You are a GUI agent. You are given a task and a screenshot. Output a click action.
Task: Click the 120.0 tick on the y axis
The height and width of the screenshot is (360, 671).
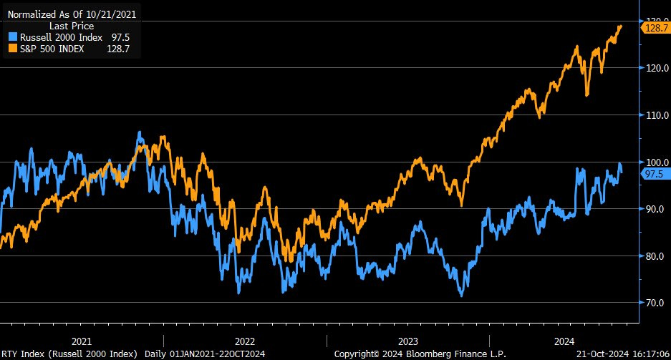(656, 68)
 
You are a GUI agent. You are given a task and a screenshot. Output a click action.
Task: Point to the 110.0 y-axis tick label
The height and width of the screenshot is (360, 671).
(656, 115)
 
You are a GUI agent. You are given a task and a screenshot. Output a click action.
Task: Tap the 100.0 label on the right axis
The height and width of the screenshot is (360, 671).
(656, 162)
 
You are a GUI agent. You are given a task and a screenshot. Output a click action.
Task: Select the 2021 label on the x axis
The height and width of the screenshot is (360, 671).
(82, 341)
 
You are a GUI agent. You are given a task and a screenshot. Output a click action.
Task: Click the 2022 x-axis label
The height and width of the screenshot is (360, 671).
(245, 341)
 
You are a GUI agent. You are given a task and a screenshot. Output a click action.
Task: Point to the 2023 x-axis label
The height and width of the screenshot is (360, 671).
(407, 341)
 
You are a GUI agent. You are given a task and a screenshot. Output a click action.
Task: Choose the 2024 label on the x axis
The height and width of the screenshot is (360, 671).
(571, 341)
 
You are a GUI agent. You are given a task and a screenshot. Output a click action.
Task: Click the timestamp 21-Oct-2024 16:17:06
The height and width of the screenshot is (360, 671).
(622, 354)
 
